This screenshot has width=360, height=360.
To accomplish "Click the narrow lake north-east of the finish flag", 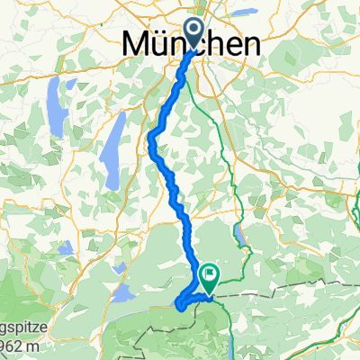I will pos(241,236).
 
